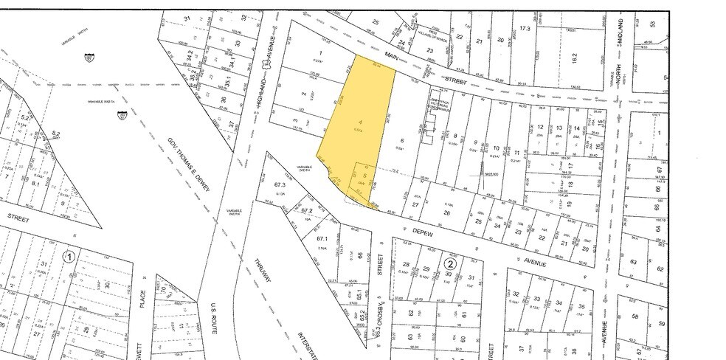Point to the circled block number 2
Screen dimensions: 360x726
click(449, 263)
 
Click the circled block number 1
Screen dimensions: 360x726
click(69, 257)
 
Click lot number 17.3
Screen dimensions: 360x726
click(525, 28)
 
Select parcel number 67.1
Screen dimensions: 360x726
click(322, 239)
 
